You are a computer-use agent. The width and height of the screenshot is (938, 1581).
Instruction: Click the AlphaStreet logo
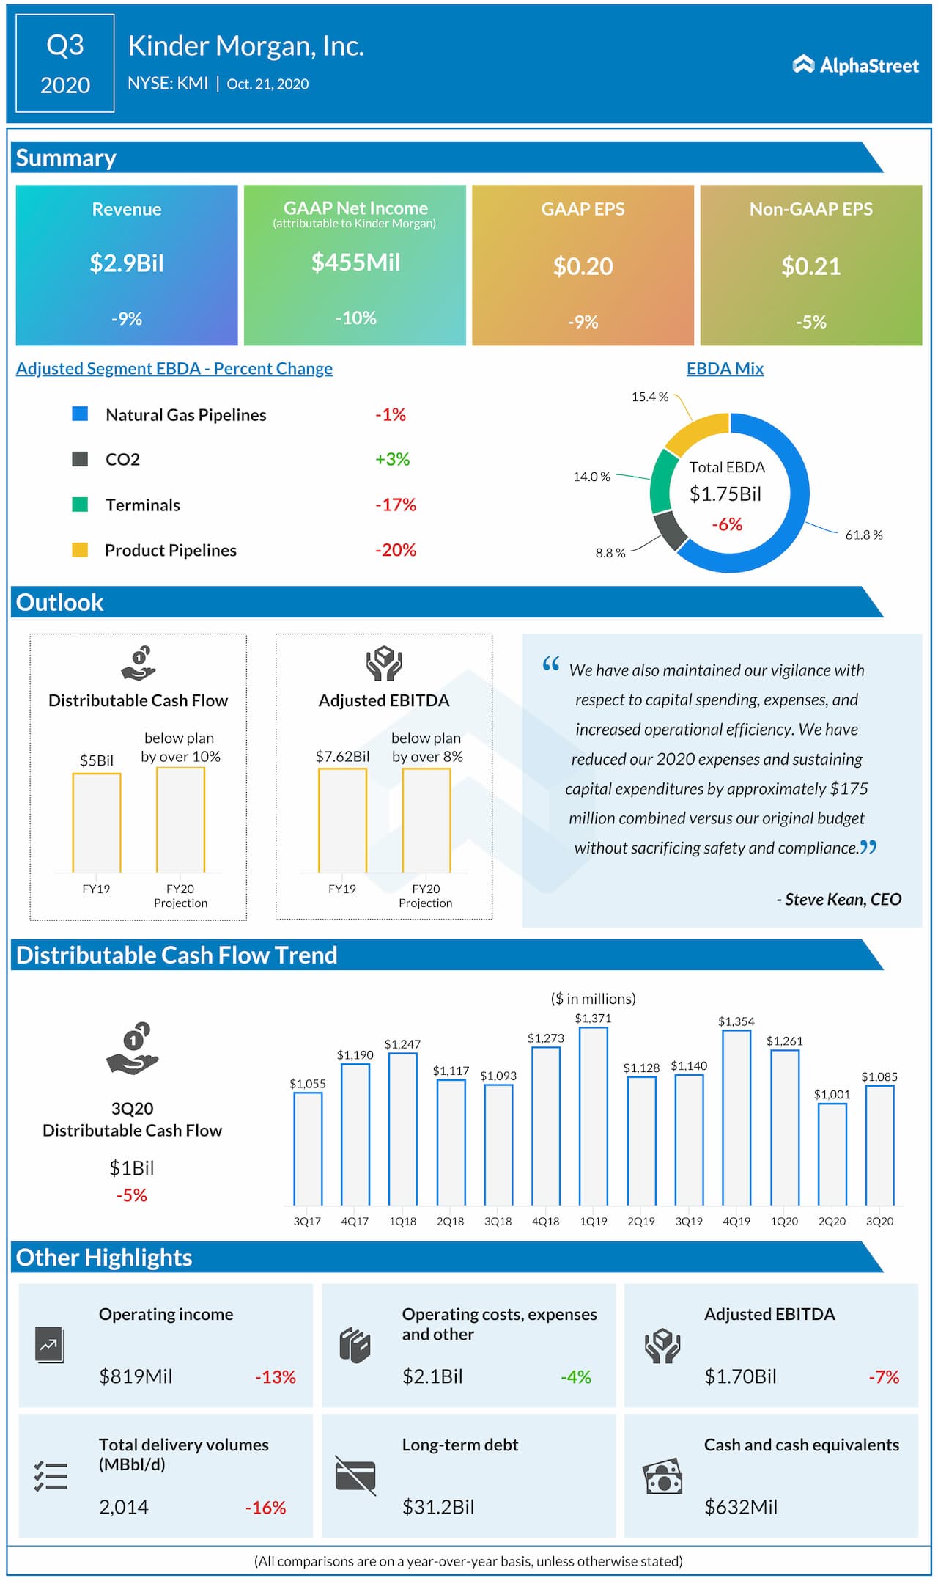pyautogui.click(x=855, y=65)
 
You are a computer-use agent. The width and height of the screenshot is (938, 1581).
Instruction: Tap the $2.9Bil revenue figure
pyautogui.click(x=127, y=263)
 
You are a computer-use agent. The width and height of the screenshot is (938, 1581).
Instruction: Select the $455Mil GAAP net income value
pyautogui.click(x=355, y=263)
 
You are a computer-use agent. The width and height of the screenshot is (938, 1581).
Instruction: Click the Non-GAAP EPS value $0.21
pyautogui.click(x=810, y=266)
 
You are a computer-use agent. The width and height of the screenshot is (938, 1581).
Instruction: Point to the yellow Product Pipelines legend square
pyautogui.click(x=80, y=550)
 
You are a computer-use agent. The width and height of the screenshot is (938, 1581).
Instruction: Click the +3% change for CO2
pyautogui.click(x=392, y=459)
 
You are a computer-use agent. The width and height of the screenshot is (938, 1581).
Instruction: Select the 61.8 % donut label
pyautogui.click(x=863, y=535)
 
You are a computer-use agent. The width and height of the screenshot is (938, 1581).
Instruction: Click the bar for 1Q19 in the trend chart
pyautogui.click(x=593, y=1115)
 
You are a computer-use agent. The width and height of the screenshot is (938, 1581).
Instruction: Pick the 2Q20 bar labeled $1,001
pyautogui.click(x=832, y=1154)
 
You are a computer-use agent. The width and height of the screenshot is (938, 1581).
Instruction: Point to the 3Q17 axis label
pyautogui.click(x=307, y=1221)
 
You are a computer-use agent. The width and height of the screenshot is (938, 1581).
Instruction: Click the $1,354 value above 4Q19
pyautogui.click(x=736, y=1021)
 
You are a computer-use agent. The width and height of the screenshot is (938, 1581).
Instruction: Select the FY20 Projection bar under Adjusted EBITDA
pyautogui.click(x=426, y=820)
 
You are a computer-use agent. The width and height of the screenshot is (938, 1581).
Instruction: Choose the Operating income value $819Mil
pyautogui.click(x=136, y=1376)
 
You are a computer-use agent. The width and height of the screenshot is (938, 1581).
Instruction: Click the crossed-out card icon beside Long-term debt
pyautogui.click(x=355, y=1475)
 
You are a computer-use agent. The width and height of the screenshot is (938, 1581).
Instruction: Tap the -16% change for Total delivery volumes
pyautogui.click(x=265, y=1508)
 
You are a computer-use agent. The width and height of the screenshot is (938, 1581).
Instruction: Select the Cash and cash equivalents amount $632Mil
pyautogui.click(x=740, y=1507)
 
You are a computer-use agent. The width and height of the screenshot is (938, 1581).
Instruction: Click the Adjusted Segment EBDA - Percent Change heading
pyautogui.click(x=174, y=368)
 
